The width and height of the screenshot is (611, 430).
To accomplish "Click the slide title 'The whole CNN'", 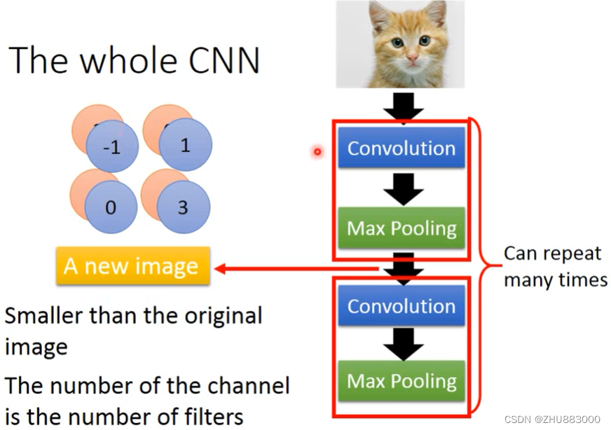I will click(x=135, y=60).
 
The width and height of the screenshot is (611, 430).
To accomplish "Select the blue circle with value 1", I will click(x=184, y=145).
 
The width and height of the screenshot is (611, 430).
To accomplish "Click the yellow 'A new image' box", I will click(x=132, y=266).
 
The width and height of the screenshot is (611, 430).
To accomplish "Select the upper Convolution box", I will click(x=401, y=148).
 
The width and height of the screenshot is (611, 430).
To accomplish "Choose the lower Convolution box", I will click(x=401, y=307).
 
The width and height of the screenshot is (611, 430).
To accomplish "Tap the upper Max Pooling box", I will click(x=401, y=228).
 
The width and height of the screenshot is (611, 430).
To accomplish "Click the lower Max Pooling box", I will click(x=401, y=381).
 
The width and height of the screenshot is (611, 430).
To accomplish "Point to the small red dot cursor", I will click(x=317, y=151).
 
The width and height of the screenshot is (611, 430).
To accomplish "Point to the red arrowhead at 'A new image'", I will click(x=219, y=268).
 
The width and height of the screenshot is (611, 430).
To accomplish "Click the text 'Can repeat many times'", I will click(x=555, y=266).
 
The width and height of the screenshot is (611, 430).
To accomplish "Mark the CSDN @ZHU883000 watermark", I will click(x=551, y=418).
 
